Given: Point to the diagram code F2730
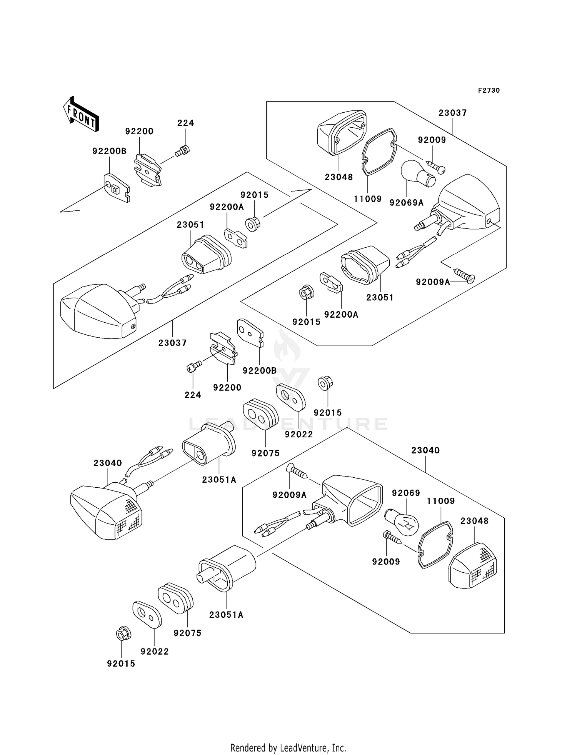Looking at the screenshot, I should pos(489,90).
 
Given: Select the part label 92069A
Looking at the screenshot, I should pos(406,203).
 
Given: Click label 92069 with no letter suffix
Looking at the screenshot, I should pos(406,493).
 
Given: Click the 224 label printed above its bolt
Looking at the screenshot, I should pos(185,123).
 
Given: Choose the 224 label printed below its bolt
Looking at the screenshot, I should pos(193,395).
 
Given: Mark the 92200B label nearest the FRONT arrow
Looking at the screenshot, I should pos(109,151).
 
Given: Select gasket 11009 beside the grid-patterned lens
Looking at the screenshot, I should pos(435,544).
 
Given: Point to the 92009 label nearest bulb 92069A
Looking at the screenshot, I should pos(432,140).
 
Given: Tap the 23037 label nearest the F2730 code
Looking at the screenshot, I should pos(452,113).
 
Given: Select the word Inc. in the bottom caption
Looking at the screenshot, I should pos(339,748).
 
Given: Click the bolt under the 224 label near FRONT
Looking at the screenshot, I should pos(183,151).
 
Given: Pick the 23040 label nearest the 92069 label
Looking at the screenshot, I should pos(425,450).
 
